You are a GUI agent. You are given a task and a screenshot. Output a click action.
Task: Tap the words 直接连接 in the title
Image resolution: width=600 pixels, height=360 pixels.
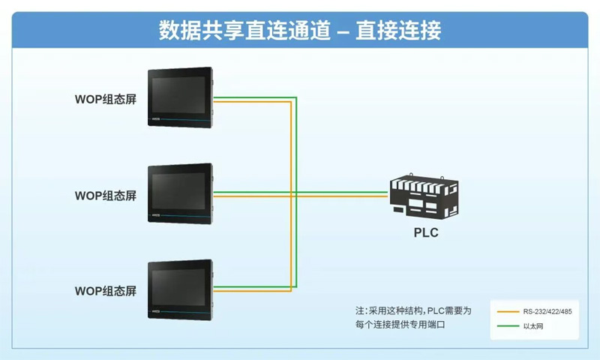tap(397, 31)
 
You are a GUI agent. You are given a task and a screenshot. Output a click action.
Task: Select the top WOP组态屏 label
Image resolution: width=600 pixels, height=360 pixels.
tap(106, 99)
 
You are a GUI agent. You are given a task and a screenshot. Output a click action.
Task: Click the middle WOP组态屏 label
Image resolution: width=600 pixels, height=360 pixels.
tap(106, 196)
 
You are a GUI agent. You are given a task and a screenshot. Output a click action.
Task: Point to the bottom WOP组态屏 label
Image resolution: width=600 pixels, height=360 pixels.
tap(106, 290)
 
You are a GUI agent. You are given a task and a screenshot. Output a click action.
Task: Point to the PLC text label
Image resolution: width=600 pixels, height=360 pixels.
tap(426, 232)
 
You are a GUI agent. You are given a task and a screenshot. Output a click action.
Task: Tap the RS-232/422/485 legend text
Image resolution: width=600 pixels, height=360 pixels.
tap(547, 310)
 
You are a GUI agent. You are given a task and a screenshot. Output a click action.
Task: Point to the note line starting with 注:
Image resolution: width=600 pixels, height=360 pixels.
tap(413, 310)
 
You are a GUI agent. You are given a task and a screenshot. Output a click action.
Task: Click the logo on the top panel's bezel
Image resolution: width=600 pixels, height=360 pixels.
tap(156, 118)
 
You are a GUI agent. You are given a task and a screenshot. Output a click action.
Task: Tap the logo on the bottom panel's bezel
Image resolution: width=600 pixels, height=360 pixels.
tap(156, 310)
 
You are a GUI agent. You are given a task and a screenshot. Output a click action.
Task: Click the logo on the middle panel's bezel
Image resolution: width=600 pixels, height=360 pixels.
tap(156, 214)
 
